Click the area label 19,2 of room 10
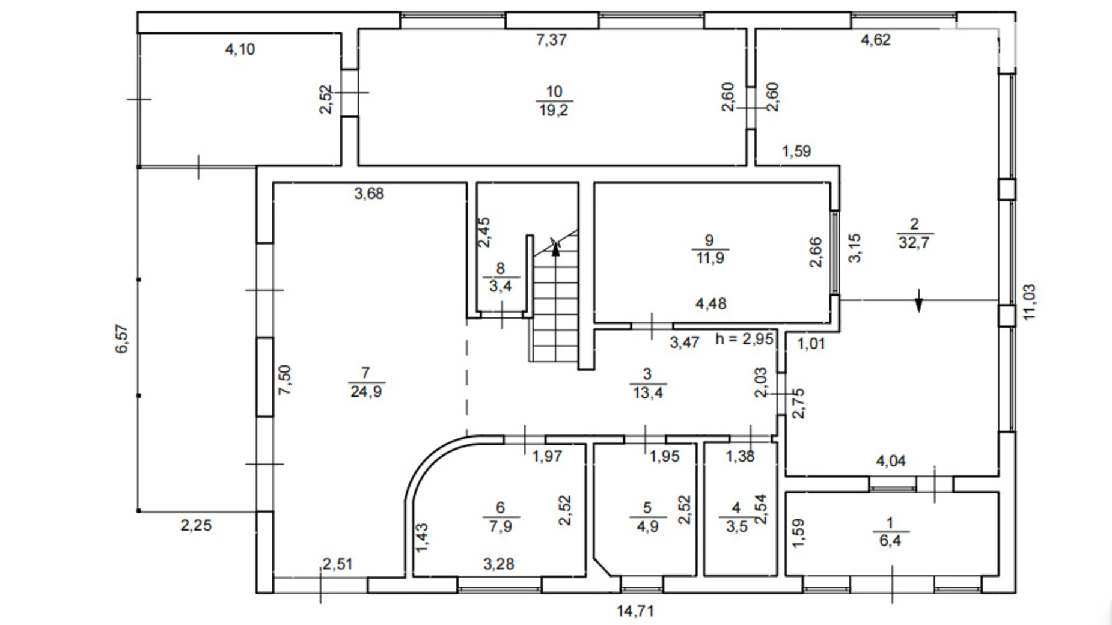click(553, 111)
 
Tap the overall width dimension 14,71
click(635, 611)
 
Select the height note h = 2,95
click(744, 339)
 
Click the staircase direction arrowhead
click(555, 248)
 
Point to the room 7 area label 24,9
click(366, 392)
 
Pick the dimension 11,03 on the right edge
click(1029, 302)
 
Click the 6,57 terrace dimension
click(122, 339)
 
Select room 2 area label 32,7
click(914, 243)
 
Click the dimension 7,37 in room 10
click(551, 40)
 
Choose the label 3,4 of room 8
click(500, 286)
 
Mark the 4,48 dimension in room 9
click(710, 304)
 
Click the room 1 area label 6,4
click(890, 541)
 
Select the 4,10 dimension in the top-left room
click(240, 49)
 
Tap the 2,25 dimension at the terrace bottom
click(196, 526)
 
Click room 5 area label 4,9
click(647, 527)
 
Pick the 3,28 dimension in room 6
click(498, 564)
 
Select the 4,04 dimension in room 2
click(890, 462)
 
